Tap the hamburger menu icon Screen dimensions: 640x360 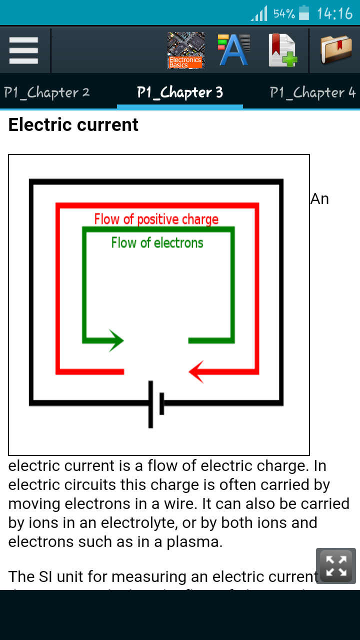click(23, 50)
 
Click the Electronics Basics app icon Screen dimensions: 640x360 click(185, 50)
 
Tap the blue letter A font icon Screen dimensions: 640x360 click(233, 50)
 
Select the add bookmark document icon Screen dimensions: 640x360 click(282, 50)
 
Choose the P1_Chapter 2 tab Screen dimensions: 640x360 click(47, 92)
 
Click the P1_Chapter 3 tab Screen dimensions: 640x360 click(180, 92)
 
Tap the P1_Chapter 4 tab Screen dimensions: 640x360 click(312, 92)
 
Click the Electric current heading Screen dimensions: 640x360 click(73, 124)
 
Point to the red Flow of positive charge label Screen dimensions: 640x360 click(156, 219)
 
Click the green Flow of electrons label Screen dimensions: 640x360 click(157, 243)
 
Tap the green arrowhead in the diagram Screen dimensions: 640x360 click(116, 340)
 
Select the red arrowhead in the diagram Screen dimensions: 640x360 click(196, 371)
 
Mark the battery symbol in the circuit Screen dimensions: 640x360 click(156, 404)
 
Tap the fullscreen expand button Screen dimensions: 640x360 click(336, 566)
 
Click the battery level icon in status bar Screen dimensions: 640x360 click(304, 13)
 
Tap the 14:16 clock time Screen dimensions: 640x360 click(334, 13)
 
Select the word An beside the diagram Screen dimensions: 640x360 click(320, 199)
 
